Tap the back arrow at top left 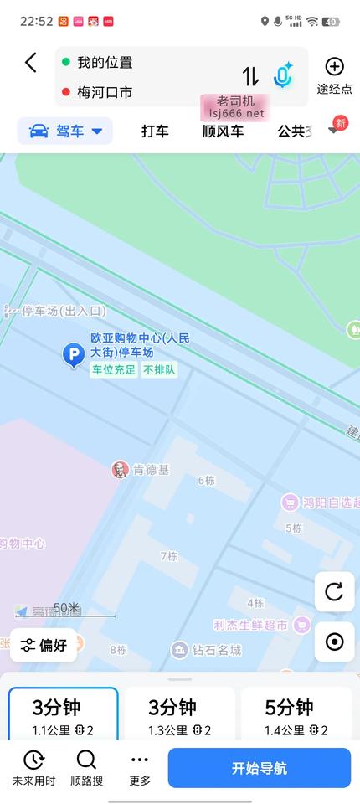31,63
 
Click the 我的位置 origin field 105,63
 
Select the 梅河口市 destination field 105,92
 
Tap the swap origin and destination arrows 251,76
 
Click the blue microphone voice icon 283,75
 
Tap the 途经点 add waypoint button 334,75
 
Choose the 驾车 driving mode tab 66,131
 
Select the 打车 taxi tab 155,131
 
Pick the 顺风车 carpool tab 223,131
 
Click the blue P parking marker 74,356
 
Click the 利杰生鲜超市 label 251,625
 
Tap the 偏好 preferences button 44,645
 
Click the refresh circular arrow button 334,592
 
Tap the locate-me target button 334,642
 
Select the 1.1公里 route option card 64,716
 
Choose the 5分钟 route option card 296,716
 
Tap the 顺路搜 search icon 86,768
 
